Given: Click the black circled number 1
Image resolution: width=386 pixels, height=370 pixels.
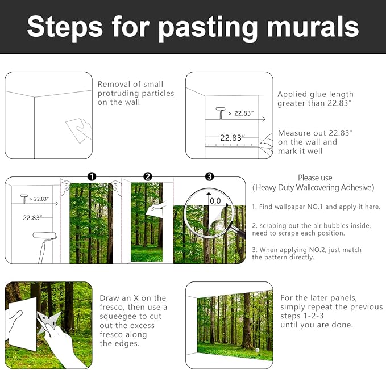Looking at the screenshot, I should tap(92, 176).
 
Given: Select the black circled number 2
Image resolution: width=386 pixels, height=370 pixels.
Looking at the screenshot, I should tap(148, 176).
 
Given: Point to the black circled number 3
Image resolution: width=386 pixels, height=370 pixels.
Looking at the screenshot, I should tap(209, 176).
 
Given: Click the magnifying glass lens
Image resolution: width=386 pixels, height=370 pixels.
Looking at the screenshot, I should tap(215, 207).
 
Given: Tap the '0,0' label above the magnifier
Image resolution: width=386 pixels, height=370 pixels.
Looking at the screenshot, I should tap(215, 200).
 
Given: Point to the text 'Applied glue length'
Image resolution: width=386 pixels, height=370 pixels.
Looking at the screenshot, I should tap(315, 94).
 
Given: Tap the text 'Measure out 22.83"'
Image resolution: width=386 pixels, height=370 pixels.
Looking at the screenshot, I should tap(315, 133).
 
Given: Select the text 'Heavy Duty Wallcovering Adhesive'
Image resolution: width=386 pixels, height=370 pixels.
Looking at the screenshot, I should tap(314, 187).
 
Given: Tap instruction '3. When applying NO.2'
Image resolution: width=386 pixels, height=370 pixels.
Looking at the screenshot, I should tap(307, 250).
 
